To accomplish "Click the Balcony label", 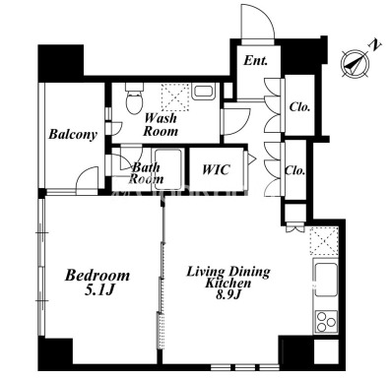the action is click(x=73, y=135).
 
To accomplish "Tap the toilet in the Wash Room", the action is click(x=134, y=98).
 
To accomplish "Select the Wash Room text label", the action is click(x=161, y=124).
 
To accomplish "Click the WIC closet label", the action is click(x=216, y=169).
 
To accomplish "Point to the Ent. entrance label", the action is click(x=255, y=60).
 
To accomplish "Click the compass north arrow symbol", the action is click(x=356, y=63).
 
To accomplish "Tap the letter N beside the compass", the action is click(x=375, y=45).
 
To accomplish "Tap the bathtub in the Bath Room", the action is click(x=168, y=169).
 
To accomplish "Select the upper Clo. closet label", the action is click(x=299, y=106).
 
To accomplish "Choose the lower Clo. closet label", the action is click(x=294, y=170).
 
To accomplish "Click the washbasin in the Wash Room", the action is click(x=203, y=92).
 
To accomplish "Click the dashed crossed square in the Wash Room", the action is click(x=175, y=97).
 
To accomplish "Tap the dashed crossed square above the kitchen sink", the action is click(x=324, y=241).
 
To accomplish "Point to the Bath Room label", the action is click(x=147, y=173).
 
